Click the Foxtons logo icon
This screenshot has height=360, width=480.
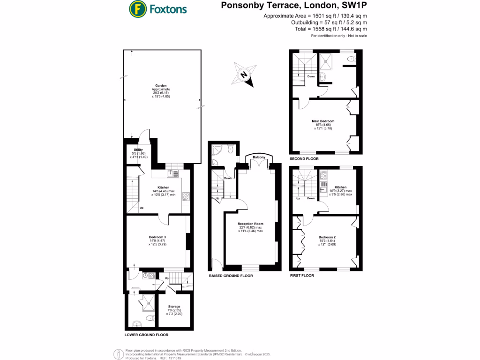coord(137,8)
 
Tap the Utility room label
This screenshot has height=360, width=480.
coord(138,150)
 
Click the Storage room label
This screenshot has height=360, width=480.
coord(174,307)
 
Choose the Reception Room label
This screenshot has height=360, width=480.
coord(250,224)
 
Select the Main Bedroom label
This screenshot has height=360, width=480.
coord(323,121)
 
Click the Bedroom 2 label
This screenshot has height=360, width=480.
coord(327,237)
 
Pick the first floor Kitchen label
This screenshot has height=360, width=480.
coord(341,187)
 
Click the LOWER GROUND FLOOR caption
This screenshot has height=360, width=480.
coord(146,335)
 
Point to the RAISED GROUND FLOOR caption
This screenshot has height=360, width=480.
coord(231,276)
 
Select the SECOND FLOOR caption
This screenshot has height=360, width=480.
coord(304,159)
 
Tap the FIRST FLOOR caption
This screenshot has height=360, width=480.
coord(301,276)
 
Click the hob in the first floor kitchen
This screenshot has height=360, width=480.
coord(324,176)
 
